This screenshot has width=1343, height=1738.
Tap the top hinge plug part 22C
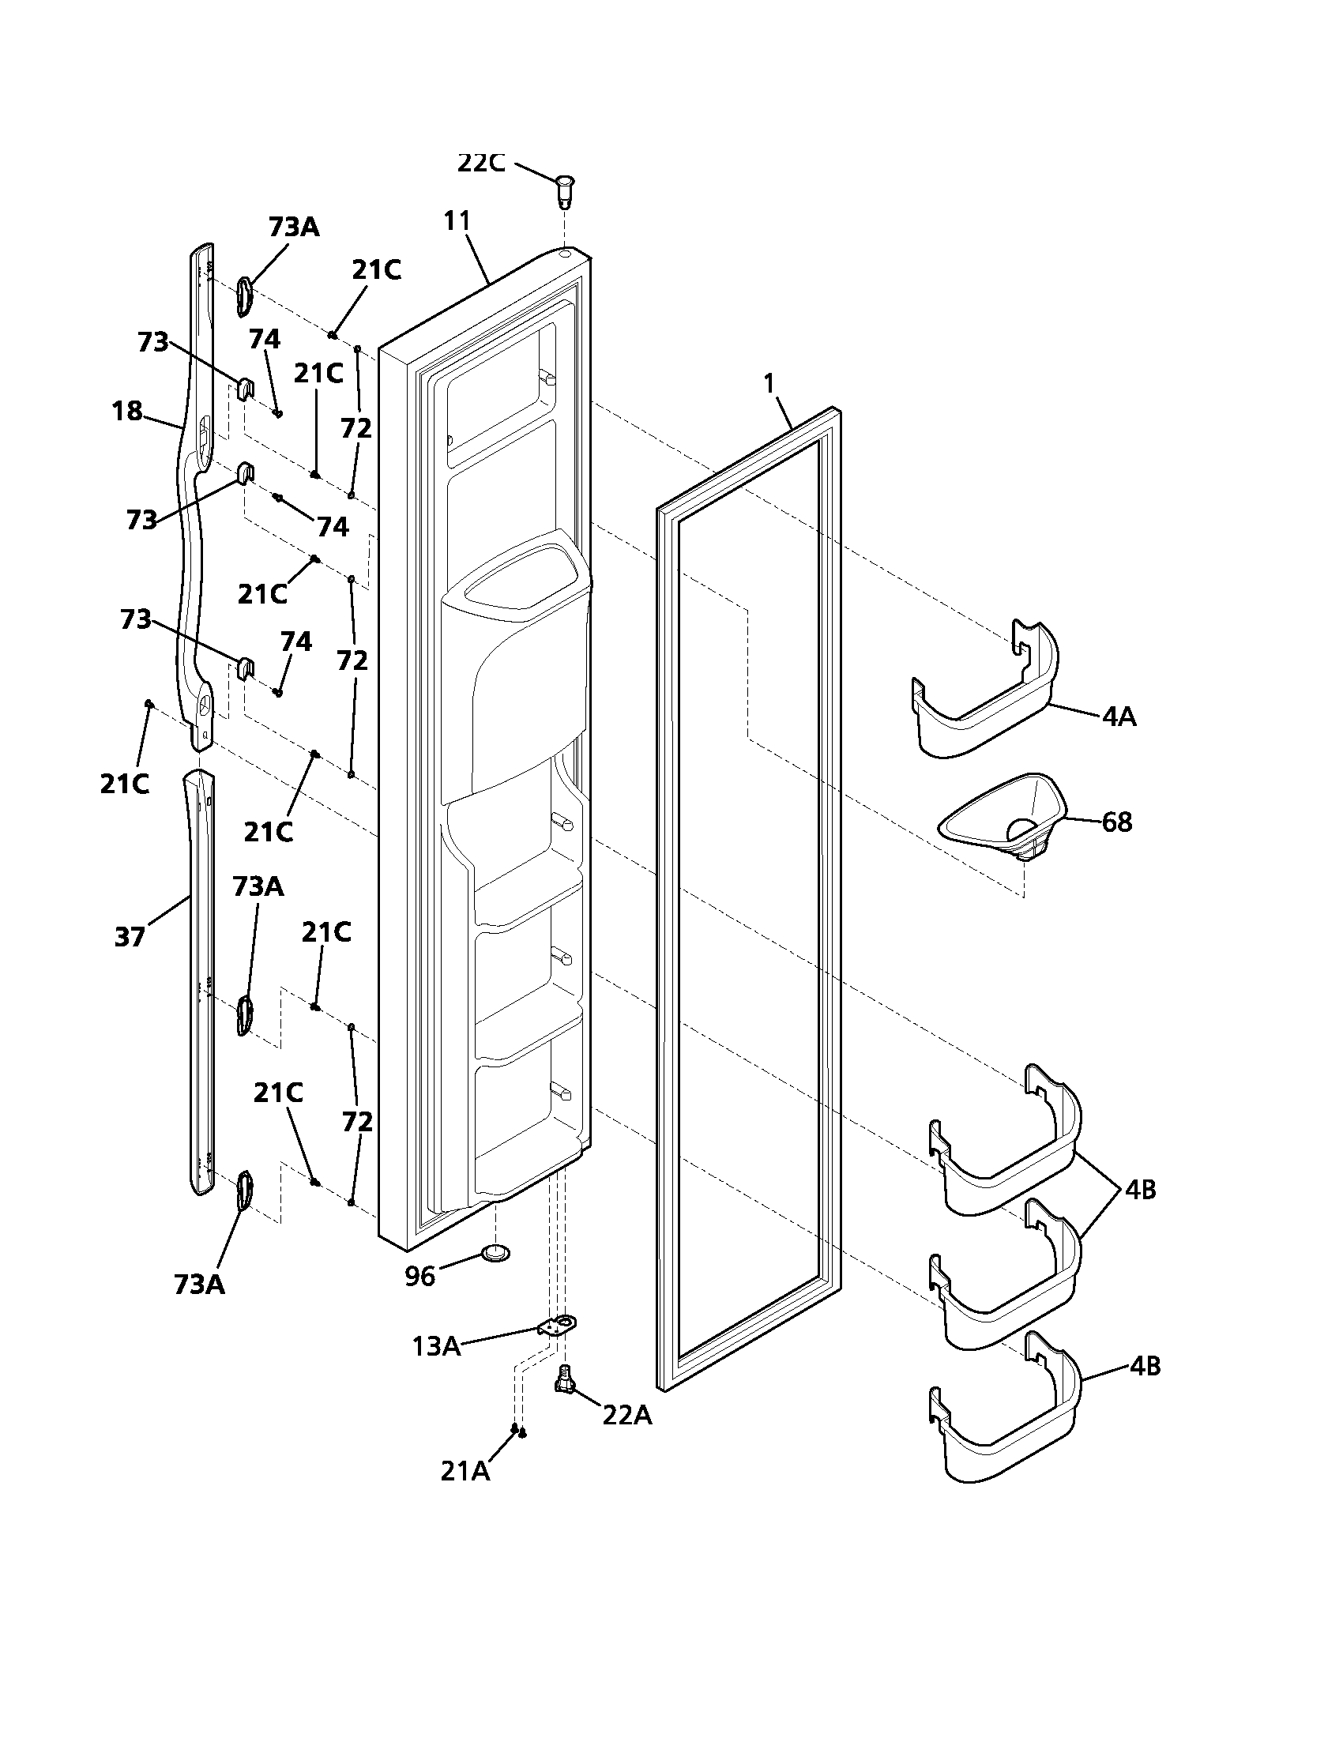pos(565,189)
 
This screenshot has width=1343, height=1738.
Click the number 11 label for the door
pos(457,220)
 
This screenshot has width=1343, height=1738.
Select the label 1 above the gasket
pos(769,385)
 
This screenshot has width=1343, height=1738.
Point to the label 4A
pos(1119,718)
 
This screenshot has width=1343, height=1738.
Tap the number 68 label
pos(1116,822)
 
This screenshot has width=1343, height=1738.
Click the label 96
pos(420,1276)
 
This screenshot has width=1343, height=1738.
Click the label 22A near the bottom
pos(627,1416)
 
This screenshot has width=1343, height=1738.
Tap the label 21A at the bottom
pos(465,1472)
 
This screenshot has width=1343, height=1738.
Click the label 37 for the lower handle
pos(130,938)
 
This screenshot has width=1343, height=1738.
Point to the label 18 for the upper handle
pos(127,412)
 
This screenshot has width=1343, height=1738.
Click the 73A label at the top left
pos(294,227)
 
